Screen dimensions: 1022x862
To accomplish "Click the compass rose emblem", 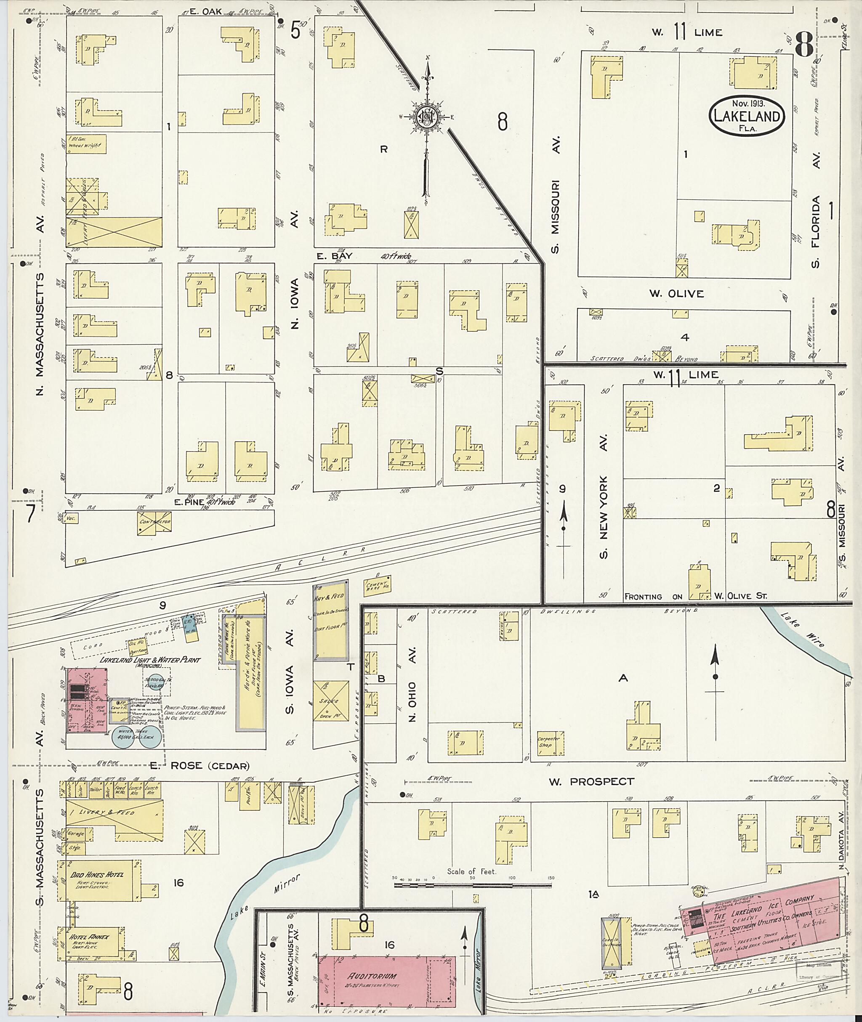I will (x=426, y=117).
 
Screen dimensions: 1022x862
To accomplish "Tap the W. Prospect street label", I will (x=591, y=782).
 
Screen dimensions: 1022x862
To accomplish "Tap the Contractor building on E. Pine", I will (x=154, y=523).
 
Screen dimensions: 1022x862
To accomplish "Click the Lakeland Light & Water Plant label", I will (x=150, y=660).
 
